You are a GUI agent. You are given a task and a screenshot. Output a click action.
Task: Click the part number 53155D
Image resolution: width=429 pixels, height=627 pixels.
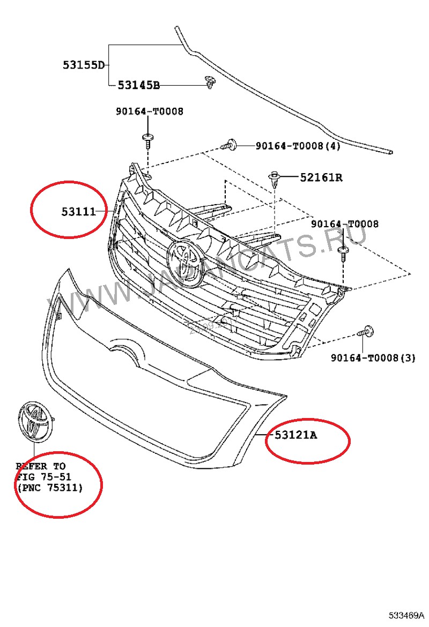[x=83, y=65]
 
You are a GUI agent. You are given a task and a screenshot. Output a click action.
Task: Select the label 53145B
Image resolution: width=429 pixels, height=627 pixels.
[x=138, y=85]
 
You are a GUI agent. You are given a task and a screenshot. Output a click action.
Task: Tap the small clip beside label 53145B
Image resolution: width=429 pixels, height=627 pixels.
[x=210, y=82]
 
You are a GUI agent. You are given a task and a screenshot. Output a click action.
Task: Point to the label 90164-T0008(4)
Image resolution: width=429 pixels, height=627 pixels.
[x=298, y=146]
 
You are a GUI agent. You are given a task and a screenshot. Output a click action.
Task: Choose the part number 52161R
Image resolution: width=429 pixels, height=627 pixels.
[x=321, y=177]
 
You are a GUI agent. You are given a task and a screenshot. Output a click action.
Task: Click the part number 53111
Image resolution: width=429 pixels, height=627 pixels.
[x=78, y=211]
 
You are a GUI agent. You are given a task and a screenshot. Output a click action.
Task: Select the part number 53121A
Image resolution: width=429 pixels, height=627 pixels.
[x=295, y=435]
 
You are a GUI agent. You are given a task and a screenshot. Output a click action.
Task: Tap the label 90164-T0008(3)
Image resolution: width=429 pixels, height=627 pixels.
[x=373, y=357]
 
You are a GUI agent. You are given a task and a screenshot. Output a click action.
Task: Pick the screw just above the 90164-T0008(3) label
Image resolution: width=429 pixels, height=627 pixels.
[x=366, y=331]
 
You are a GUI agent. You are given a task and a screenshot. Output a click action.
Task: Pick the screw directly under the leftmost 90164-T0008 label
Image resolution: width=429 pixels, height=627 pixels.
[x=147, y=140]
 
